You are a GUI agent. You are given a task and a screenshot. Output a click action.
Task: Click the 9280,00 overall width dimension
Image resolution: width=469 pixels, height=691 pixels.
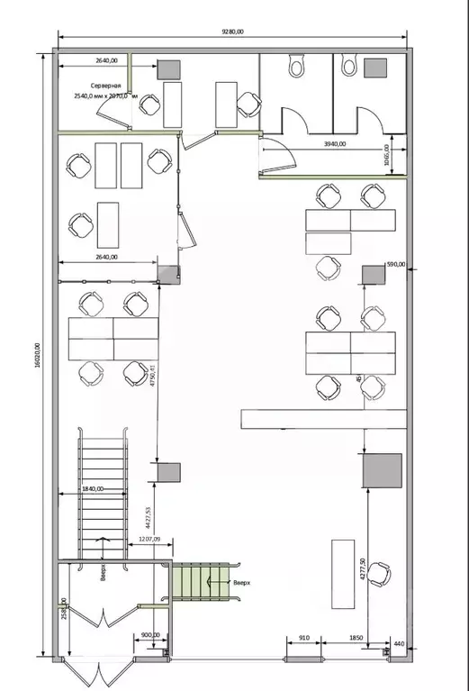[232, 32]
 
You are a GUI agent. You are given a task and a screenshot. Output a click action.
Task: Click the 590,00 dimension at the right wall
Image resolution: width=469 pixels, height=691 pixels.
[396, 264]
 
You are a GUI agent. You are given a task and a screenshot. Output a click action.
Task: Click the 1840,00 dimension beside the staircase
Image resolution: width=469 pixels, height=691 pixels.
[92, 488]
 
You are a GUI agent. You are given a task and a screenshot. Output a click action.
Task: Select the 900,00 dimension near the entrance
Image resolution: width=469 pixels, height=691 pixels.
[150, 635]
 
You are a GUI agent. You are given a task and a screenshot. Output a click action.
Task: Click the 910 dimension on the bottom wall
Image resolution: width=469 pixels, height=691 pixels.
[305, 639]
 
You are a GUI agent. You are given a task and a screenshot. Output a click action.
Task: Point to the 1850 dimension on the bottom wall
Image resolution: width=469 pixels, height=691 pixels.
[356, 639]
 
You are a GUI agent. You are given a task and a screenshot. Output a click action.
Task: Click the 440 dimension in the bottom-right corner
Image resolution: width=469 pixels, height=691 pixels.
[399, 645]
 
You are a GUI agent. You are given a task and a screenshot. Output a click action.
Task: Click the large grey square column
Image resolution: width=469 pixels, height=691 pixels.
[383, 471]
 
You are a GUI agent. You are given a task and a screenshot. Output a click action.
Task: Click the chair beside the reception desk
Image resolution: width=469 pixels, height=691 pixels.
[378, 573]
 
